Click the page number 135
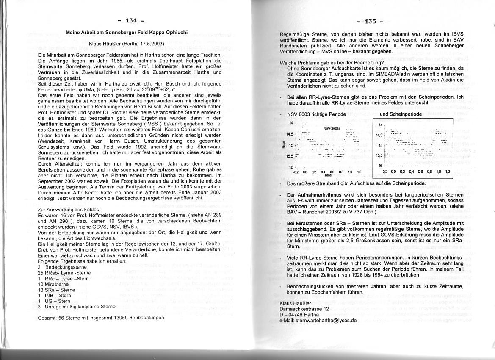tap(370, 21)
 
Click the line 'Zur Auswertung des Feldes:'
tap(69, 210)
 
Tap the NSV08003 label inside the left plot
tap(332, 128)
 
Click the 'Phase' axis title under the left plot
tap(327, 174)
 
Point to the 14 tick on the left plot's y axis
tap(291, 123)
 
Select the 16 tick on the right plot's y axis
tap(380, 166)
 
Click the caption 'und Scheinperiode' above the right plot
tap(401, 114)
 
